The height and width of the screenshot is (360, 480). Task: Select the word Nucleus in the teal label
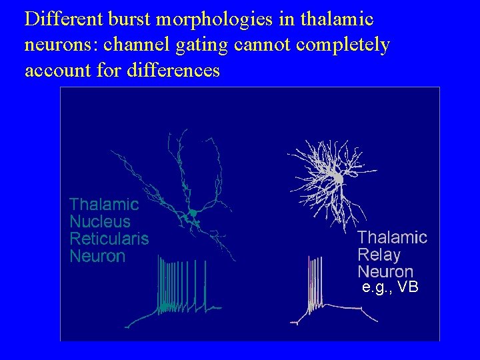pos(100,221)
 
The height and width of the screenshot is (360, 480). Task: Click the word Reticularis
pos(109,238)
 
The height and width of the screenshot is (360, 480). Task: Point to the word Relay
pos(379,254)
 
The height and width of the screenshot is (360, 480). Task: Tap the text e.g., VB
pos(389,287)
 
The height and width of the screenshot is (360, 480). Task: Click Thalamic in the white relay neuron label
pos(392,237)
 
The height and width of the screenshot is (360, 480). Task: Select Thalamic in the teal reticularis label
pos(104,203)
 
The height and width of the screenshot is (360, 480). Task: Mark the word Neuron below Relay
pos(385,271)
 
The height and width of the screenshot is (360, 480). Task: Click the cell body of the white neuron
pos(338,179)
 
